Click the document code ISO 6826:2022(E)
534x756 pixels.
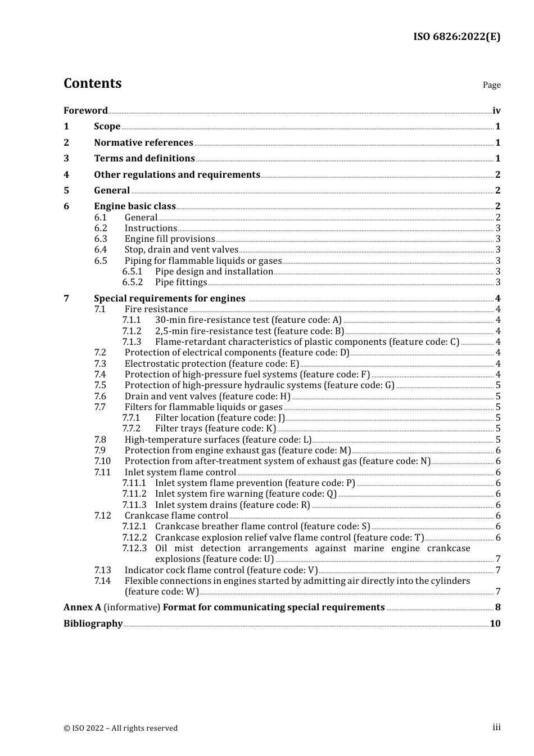456,37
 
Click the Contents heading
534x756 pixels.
92,83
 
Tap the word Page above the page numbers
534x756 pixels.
491,85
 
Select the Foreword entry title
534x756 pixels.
85,111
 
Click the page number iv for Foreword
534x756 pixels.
496,111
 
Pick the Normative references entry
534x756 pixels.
143,143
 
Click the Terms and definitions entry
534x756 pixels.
144,159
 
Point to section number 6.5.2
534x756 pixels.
133,282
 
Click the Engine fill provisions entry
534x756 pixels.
170,239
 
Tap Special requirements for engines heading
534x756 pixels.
170,299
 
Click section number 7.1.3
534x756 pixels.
132,342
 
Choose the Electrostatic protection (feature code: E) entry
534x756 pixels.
212,364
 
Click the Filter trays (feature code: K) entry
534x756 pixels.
216,429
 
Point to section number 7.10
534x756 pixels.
102,461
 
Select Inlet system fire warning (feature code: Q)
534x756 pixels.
246,494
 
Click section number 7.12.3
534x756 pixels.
134,548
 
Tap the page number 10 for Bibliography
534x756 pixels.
495,624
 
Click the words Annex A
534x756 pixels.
82,607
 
